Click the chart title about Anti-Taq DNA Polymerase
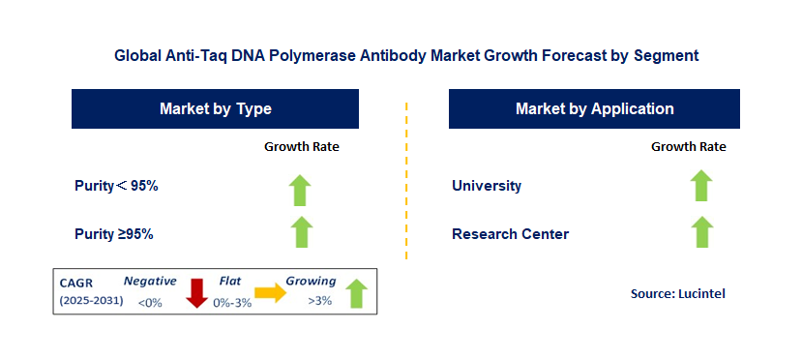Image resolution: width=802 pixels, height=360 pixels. click(406, 55)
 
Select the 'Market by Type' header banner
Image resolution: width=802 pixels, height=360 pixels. click(215, 108)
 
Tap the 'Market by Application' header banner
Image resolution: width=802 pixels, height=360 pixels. click(594, 108)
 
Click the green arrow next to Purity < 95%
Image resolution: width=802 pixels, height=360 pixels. click(300, 191)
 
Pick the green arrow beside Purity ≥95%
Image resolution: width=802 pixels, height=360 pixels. click(302, 231)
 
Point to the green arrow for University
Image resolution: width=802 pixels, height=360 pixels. click(701, 185)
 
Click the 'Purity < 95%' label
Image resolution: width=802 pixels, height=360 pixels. click(116, 186)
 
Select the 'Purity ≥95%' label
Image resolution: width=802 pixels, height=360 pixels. click(114, 234)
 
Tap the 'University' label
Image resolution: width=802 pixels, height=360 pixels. click(487, 186)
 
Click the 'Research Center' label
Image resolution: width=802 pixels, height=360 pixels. click(511, 234)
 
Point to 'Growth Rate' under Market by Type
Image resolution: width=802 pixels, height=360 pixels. click(302, 147)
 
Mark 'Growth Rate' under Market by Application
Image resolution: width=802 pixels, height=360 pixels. click(689, 147)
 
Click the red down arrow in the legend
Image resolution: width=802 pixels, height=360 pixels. click(196, 293)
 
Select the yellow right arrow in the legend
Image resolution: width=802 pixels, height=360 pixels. click(271, 292)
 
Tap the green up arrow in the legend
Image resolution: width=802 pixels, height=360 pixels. click(357, 293)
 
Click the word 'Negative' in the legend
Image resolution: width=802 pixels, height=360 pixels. click(150, 281)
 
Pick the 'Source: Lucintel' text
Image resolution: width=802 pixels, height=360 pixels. click(678, 293)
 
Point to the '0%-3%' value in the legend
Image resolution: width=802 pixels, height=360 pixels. click(232, 303)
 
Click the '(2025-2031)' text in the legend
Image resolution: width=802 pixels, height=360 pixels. click(92, 301)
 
